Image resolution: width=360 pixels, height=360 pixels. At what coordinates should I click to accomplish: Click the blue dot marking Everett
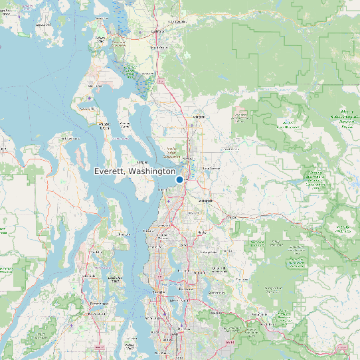179,179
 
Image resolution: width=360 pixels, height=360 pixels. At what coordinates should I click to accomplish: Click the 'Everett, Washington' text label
135,171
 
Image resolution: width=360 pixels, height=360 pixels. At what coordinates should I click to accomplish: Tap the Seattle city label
159,292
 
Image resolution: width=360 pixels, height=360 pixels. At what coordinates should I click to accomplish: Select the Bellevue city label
187,290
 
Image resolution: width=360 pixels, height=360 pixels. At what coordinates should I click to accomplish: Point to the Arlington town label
196,117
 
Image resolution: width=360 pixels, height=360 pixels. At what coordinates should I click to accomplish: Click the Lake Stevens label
211,169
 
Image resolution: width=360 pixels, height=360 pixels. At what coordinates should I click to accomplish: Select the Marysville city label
188,158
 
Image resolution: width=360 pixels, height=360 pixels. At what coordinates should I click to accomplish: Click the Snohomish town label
205,199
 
